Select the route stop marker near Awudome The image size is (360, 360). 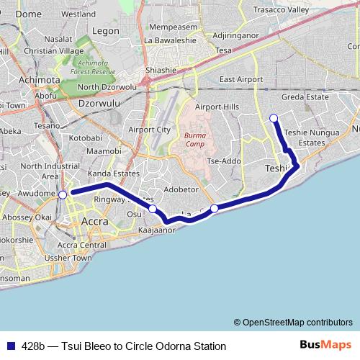pos(63,194)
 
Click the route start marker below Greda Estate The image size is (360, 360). pos(273,118)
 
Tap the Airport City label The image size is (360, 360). pos(149,130)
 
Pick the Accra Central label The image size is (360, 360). pos(82,245)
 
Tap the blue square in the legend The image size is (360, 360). pos(10,346)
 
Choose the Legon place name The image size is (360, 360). pos(106,31)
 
